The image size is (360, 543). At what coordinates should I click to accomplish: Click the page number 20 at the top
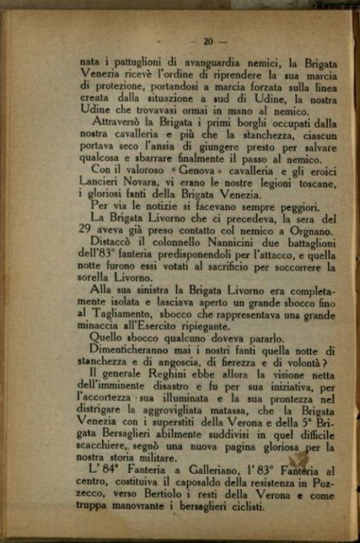coord(208,41)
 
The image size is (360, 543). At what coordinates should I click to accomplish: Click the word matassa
coord(256,412)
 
